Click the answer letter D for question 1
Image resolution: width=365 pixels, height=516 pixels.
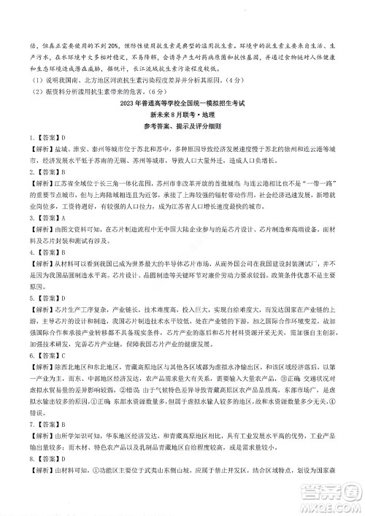(x=64, y=118)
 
